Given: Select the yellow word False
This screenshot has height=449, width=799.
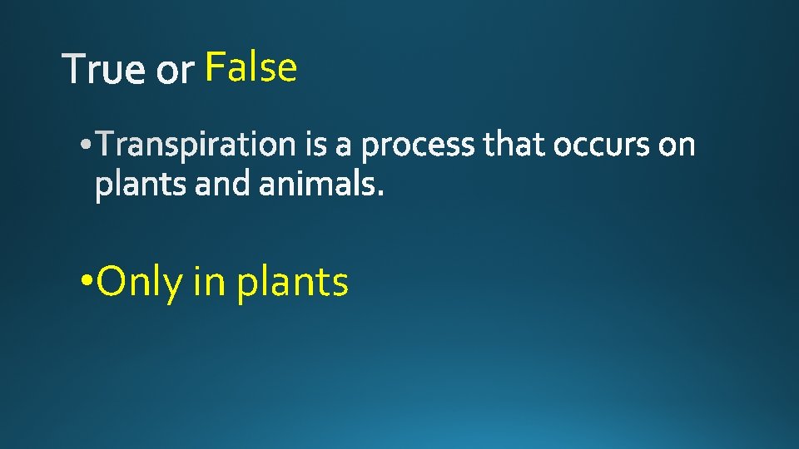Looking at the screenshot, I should click(x=251, y=67).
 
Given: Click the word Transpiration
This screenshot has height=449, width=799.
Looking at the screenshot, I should click(x=196, y=146).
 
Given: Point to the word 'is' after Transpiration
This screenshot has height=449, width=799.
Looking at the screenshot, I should click(x=315, y=146).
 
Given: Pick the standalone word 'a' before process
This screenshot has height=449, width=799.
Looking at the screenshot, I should click(x=344, y=148).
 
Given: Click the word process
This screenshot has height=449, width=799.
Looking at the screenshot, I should click(x=419, y=148).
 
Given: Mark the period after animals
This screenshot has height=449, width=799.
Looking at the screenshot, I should click(x=381, y=195).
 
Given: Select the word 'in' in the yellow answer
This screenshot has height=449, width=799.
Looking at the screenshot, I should click(x=209, y=281).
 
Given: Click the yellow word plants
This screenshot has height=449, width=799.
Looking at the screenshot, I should click(x=292, y=283).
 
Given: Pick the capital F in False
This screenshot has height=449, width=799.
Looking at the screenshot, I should click(x=215, y=67).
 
